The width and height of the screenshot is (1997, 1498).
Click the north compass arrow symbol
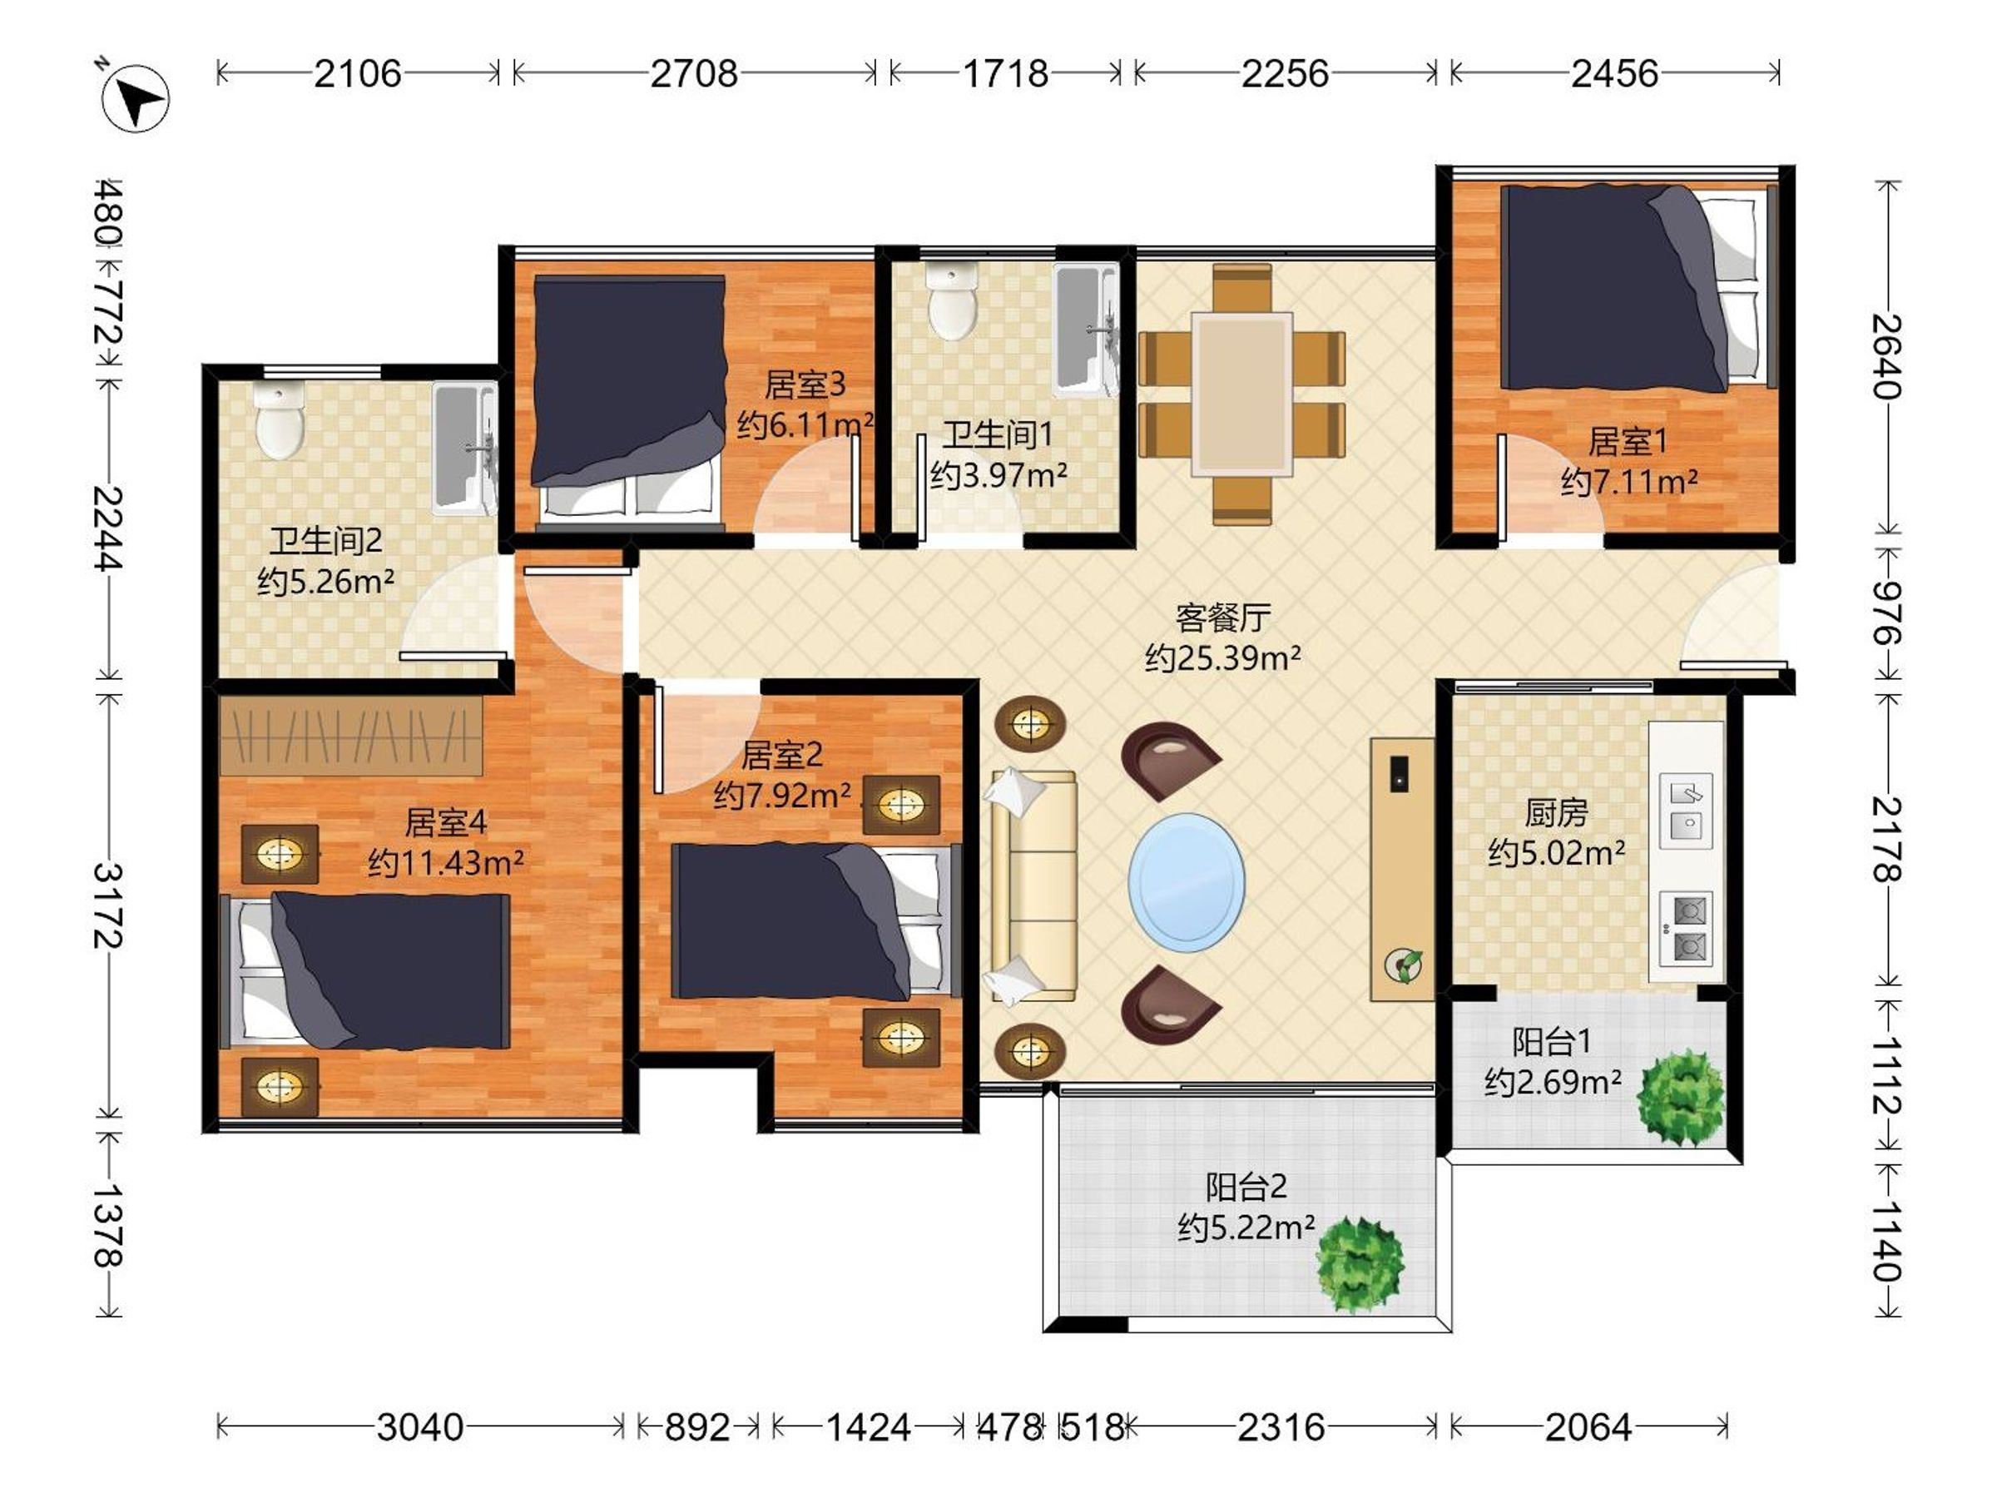coord(136,97)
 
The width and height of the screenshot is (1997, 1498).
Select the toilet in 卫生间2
coord(279,420)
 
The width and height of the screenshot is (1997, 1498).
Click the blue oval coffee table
coord(1187,883)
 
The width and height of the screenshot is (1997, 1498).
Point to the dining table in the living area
coord(1241,394)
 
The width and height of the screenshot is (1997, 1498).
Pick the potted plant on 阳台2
coord(1360,1264)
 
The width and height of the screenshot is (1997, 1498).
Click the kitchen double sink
coord(1687,811)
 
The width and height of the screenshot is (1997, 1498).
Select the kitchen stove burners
coord(1687,928)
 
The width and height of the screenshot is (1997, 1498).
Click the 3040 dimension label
coord(420,1427)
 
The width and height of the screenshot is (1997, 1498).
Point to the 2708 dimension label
coord(693,73)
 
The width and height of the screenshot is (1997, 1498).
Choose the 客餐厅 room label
coord(1222,618)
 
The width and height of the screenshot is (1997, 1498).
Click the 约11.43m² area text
coord(445,863)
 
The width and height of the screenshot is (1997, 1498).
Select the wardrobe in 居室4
coord(350,735)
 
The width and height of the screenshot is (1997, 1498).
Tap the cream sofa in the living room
coord(1033,886)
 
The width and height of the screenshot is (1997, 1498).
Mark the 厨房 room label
coord(1555,812)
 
